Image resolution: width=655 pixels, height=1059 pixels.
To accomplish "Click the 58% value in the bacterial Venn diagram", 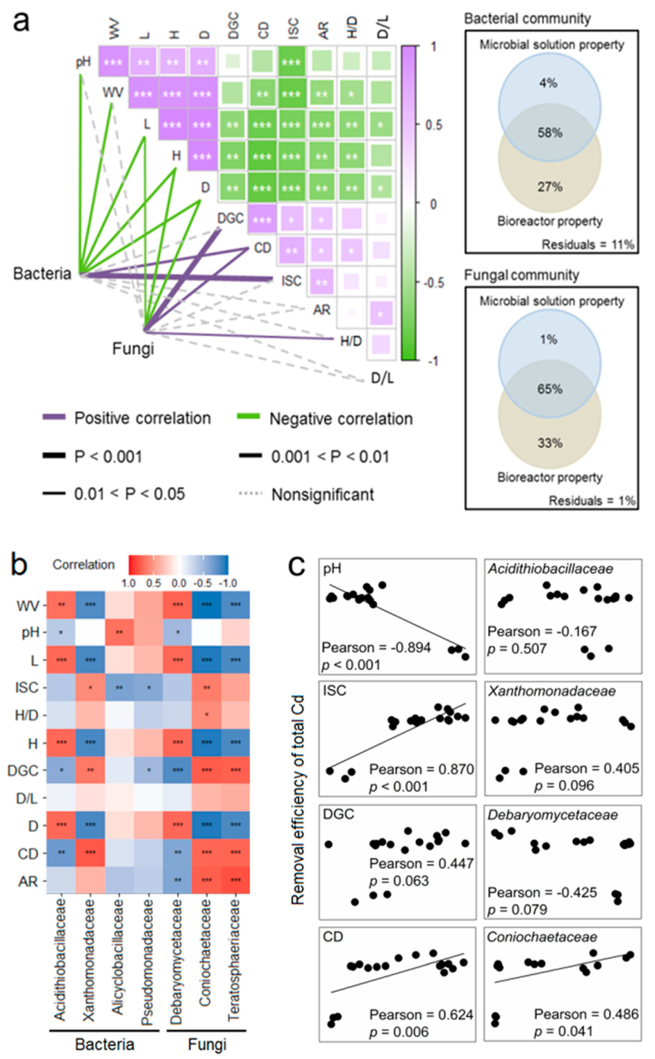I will click(550, 133).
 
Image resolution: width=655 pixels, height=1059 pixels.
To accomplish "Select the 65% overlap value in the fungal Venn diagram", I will click(550, 389).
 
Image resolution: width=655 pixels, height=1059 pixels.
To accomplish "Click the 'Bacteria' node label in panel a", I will click(42, 274).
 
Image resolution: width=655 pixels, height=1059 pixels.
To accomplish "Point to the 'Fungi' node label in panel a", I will click(133, 348).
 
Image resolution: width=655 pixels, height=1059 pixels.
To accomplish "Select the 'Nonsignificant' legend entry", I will click(322, 494).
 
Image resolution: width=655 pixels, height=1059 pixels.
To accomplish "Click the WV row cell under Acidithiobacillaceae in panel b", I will click(61, 605).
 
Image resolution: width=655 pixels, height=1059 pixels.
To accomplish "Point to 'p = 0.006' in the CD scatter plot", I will click(398, 1032).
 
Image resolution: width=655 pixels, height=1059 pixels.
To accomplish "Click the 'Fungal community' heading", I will click(522, 275).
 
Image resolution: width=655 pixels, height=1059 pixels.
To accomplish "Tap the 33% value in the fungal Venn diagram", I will click(550, 443).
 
